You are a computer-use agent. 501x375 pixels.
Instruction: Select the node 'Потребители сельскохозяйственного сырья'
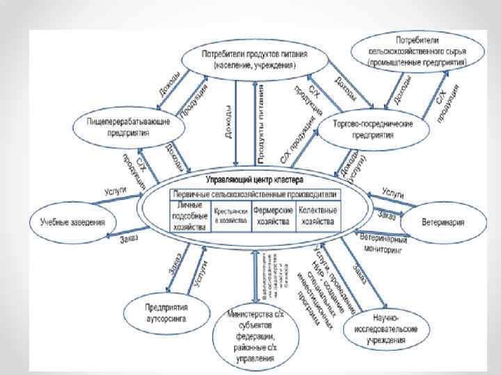point(418,51)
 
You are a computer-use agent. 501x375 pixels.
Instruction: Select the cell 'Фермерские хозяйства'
point(271,216)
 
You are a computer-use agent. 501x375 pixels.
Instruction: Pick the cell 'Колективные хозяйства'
point(317,216)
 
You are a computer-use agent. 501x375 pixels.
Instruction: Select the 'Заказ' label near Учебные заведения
point(129,239)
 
